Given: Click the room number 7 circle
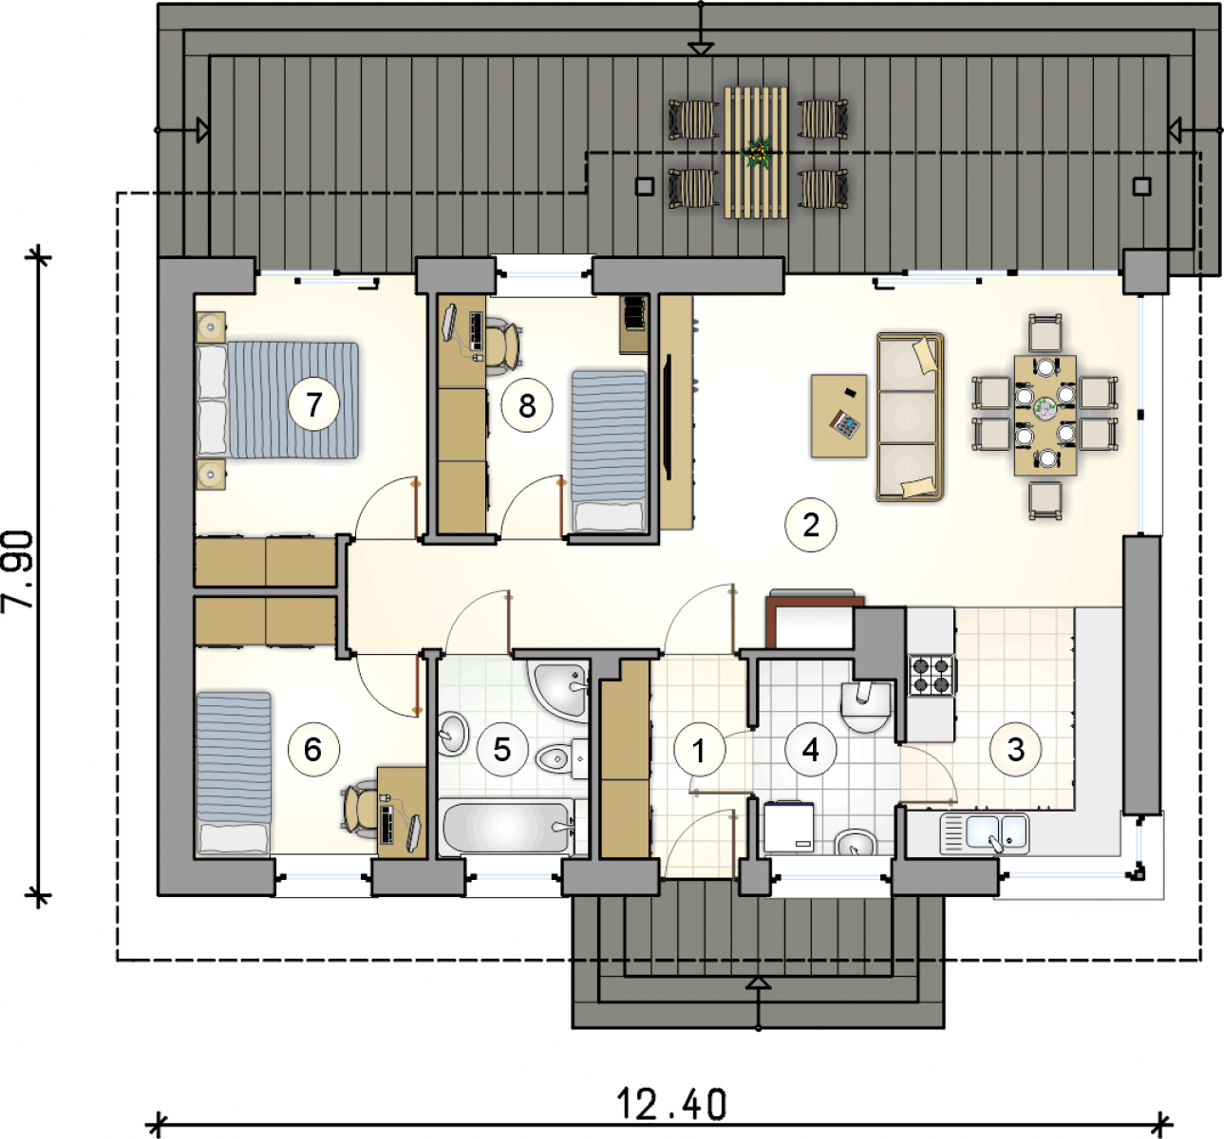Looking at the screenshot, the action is click(x=314, y=404).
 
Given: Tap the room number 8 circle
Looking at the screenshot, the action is click(x=527, y=406).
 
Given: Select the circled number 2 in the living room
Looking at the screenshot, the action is click(x=810, y=525).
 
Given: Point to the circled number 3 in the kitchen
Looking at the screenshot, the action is click(x=1016, y=750).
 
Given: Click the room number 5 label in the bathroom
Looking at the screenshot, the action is click(x=502, y=750).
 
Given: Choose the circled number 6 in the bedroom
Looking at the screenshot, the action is click(x=313, y=750).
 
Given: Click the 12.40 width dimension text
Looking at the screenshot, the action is click(x=671, y=1105).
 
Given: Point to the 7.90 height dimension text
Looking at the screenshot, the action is click(x=18, y=569).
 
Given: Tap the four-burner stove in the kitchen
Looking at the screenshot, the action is click(x=932, y=675).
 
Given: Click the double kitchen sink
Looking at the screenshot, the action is click(x=985, y=833).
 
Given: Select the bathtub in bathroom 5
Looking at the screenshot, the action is click(x=506, y=827).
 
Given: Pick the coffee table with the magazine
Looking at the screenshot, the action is click(x=838, y=416).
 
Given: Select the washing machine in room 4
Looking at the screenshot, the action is click(x=788, y=827).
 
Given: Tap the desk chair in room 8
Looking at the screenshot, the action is click(x=504, y=344).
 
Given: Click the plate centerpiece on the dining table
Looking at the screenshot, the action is click(x=1045, y=407).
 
